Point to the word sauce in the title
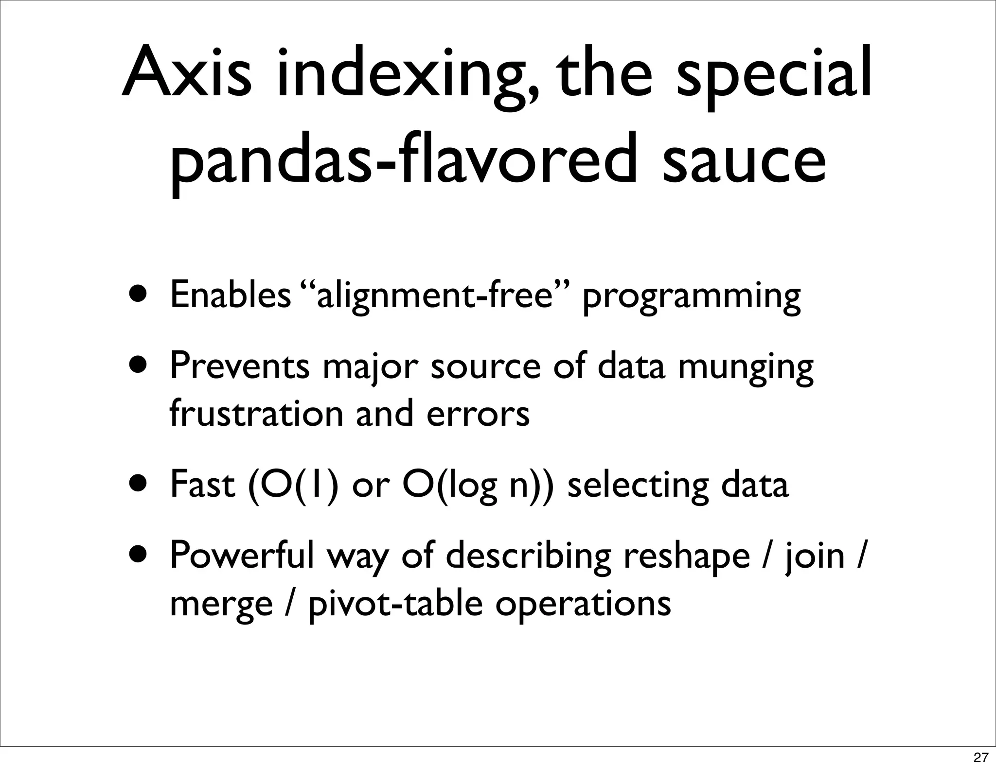(x=744, y=160)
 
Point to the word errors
(x=478, y=415)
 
